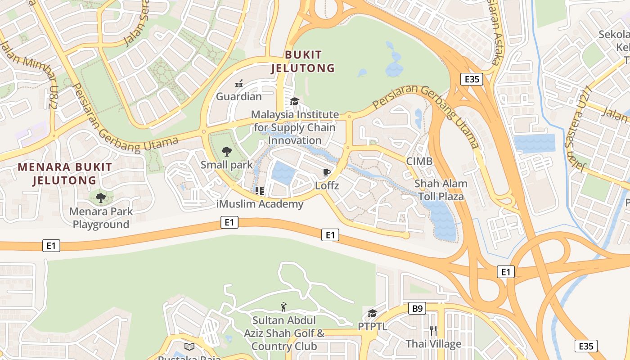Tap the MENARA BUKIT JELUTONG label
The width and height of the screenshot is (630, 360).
[65, 174]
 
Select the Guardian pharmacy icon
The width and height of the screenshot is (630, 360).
[239, 83]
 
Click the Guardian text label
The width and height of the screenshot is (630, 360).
[238, 97]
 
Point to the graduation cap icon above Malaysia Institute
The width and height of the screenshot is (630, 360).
[294, 102]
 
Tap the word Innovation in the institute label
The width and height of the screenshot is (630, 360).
[295, 140]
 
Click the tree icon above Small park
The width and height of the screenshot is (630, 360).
[227, 152]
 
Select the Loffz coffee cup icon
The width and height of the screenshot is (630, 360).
[327, 172]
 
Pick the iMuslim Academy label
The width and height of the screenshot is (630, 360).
[260, 204]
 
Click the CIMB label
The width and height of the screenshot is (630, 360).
[419, 162]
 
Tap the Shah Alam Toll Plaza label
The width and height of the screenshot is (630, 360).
[441, 190]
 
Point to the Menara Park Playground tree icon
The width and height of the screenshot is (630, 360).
[101, 198]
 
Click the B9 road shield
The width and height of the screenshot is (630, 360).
[417, 309]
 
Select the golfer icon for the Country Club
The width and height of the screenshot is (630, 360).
[283, 307]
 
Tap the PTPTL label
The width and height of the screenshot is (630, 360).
[372, 326]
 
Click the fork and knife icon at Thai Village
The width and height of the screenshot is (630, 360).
[433, 331]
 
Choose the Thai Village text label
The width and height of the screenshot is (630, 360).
[433, 344]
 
